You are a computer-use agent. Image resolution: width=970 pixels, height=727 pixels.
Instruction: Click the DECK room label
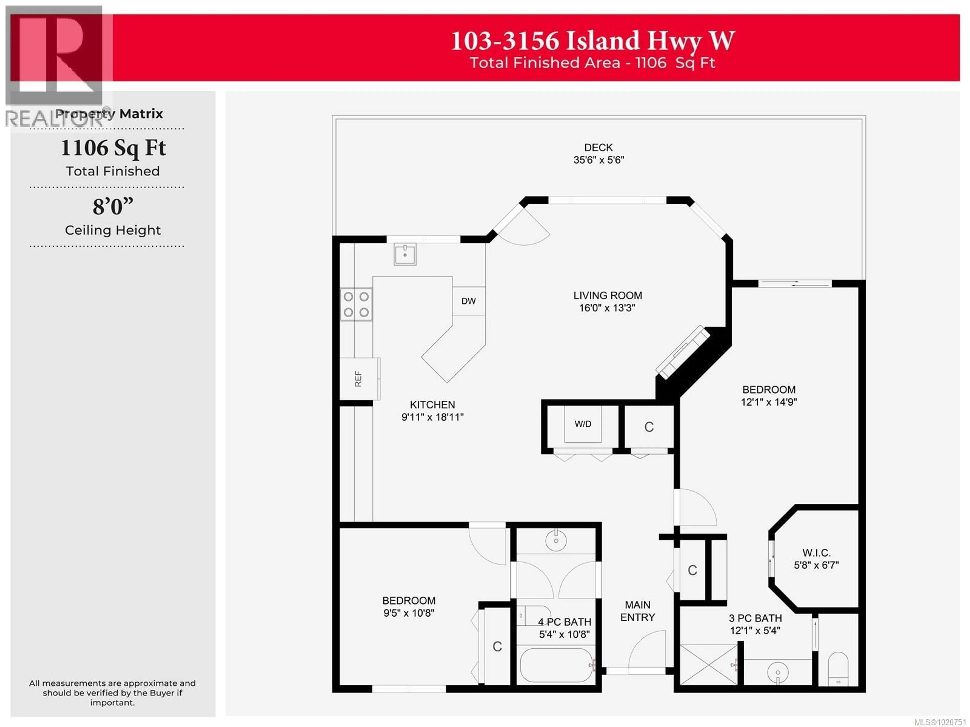(598, 148)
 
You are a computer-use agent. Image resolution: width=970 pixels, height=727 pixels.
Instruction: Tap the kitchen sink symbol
(404, 254)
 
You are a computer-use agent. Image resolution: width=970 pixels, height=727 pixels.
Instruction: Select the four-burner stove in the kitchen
(356, 304)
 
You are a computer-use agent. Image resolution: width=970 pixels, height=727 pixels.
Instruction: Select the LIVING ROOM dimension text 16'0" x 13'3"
(607, 308)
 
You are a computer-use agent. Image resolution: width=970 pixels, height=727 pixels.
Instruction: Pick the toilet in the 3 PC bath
(838, 668)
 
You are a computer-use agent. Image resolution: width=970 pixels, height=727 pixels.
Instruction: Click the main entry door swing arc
(647, 651)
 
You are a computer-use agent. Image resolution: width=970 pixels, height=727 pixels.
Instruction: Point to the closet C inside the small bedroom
(497, 647)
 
